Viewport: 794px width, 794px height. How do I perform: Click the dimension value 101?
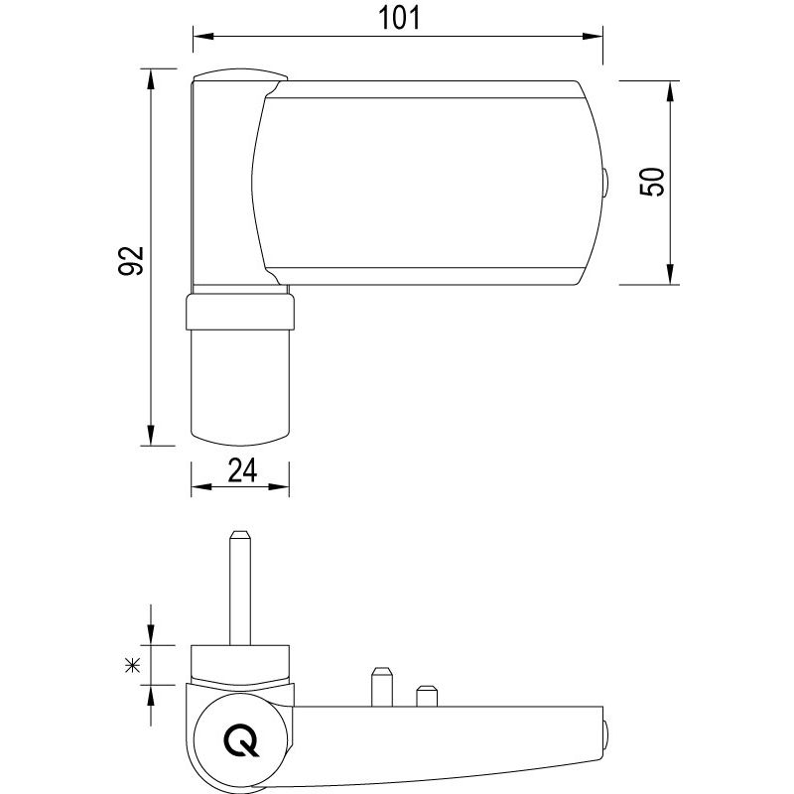(x=398, y=17)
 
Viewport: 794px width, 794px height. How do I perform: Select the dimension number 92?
(x=130, y=260)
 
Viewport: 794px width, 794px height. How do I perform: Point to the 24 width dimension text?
(x=242, y=470)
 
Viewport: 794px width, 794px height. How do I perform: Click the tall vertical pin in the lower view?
(x=239, y=586)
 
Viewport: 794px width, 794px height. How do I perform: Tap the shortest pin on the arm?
(x=427, y=696)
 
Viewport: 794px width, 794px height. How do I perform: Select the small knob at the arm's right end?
(x=604, y=733)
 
